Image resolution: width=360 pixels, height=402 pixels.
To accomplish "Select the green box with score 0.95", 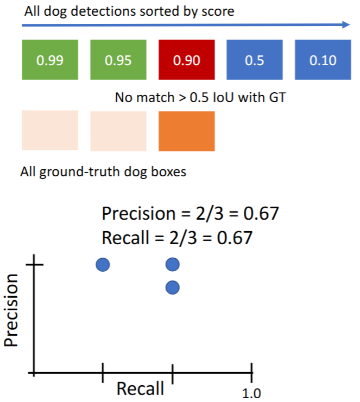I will (x=118, y=59).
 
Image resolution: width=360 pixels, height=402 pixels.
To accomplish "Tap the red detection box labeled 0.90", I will (x=186, y=59).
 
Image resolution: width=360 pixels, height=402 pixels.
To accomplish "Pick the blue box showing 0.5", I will (x=254, y=59).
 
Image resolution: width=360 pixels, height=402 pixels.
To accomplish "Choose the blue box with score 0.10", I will (x=323, y=59).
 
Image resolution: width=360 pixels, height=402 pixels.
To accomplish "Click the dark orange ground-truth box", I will (x=186, y=131).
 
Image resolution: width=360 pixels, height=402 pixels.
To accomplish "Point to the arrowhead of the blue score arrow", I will (x=346, y=24).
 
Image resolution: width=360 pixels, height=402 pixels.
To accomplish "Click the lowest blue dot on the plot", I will (x=172, y=288).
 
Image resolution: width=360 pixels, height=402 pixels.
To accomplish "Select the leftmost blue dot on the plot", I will (x=103, y=264).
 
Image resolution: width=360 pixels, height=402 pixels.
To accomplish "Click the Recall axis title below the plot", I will (x=140, y=388).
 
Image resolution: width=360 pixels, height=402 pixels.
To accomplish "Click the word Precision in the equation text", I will (x=137, y=213).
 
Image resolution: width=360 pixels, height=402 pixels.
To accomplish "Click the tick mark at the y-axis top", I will (x=34, y=264).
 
